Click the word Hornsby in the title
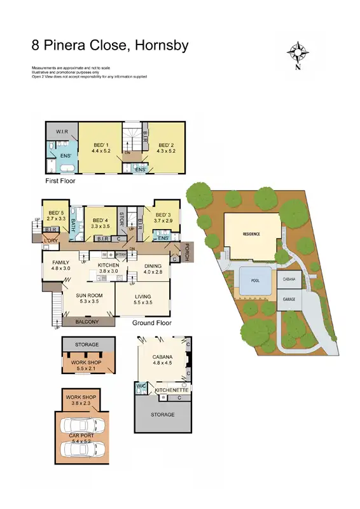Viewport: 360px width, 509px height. [x=159, y=46]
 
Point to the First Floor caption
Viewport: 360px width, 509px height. [x=62, y=181]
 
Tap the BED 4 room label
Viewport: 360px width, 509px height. [x=100, y=220]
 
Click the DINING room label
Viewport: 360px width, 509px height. [x=152, y=266]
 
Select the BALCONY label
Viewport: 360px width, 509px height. [x=90, y=322]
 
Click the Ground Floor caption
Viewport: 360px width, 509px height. [x=153, y=323]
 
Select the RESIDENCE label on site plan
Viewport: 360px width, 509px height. [x=252, y=234]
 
